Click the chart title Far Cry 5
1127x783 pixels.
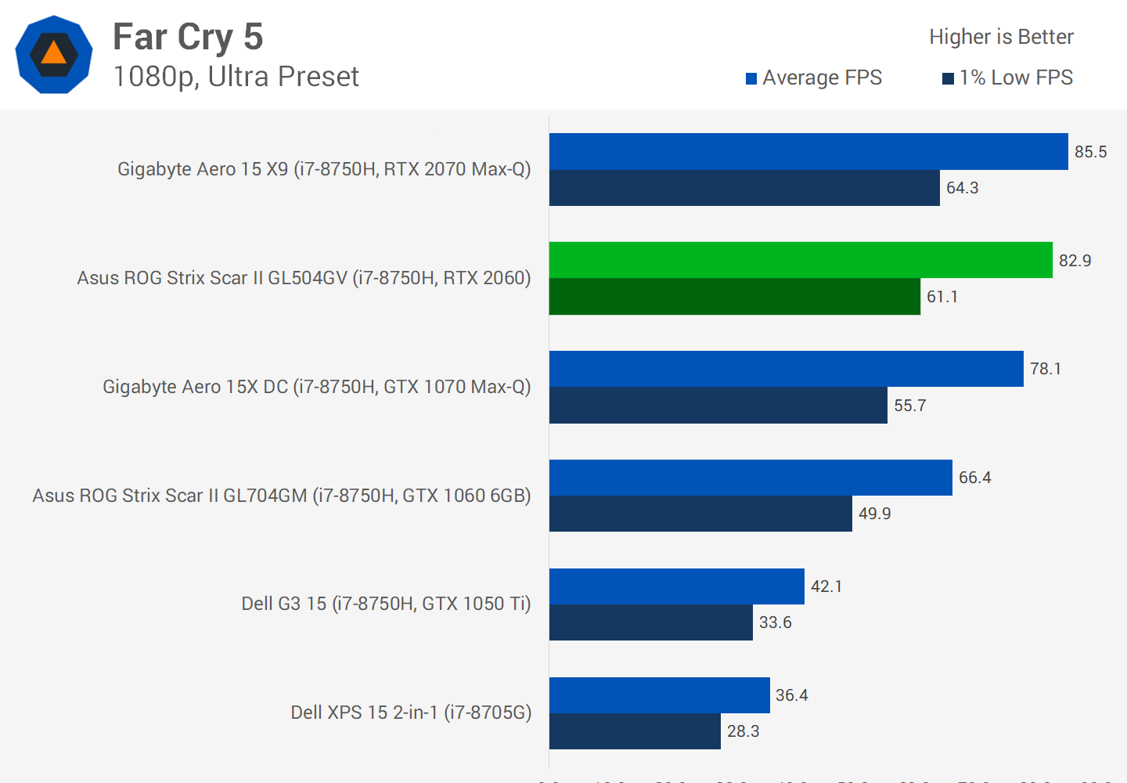tap(188, 37)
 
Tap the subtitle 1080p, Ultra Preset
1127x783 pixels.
tap(236, 77)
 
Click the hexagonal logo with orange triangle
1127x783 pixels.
tap(54, 55)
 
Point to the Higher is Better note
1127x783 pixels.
tap(1001, 37)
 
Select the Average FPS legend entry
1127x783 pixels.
tap(814, 78)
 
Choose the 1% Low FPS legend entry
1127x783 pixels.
tap(1008, 78)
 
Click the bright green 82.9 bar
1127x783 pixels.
tap(801, 260)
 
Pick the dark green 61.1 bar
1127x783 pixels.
tap(735, 297)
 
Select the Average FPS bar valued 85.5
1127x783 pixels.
tap(808, 151)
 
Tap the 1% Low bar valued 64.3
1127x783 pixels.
tap(744, 188)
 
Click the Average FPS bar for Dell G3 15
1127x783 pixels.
tap(677, 586)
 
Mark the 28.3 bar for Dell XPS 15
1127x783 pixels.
tap(635, 731)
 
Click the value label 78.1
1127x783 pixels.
tap(1046, 369)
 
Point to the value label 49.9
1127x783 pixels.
tap(874, 514)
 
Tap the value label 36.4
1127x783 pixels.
tap(791, 695)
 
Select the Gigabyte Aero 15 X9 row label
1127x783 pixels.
tap(324, 169)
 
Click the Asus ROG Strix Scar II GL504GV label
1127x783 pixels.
tap(304, 278)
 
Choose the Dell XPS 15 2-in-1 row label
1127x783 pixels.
tap(411, 713)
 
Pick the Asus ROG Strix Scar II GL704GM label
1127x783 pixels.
tap(282, 496)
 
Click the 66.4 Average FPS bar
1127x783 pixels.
tap(751, 478)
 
